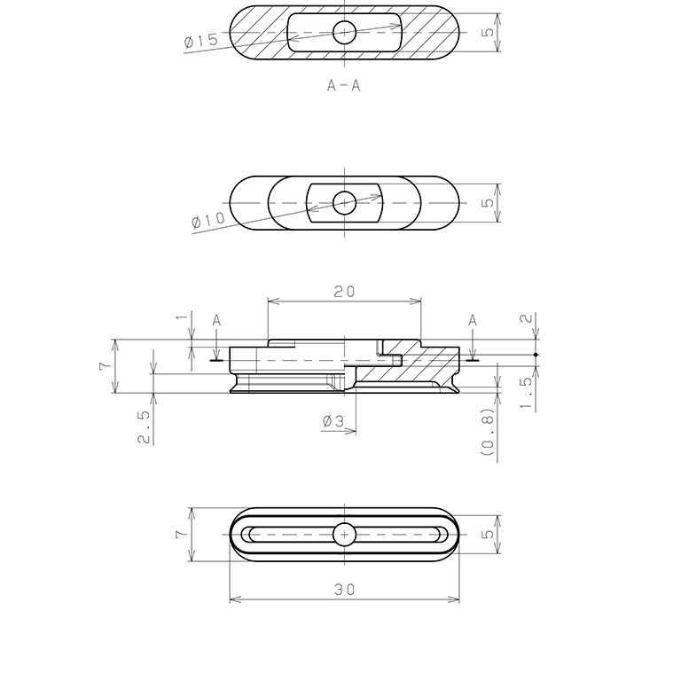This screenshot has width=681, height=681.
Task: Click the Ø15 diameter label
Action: [x=200, y=41]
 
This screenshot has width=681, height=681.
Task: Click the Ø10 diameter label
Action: [x=208, y=220]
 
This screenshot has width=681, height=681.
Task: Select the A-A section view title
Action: [x=343, y=85]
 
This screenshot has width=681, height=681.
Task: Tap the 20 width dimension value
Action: [x=344, y=292]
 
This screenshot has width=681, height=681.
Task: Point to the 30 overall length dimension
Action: [x=344, y=590]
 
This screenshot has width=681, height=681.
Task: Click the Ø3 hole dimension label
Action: [x=333, y=421]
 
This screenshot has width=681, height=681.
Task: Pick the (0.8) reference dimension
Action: [x=489, y=432]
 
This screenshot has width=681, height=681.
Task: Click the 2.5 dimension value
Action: [x=145, y=427]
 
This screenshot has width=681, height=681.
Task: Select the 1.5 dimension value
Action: [x=526, y=393]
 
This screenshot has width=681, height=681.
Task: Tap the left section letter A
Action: [x=216, y=321]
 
